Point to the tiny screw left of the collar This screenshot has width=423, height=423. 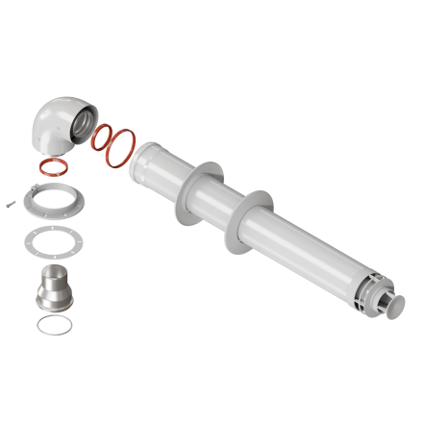pyautogui.click(x=9, y=203)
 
